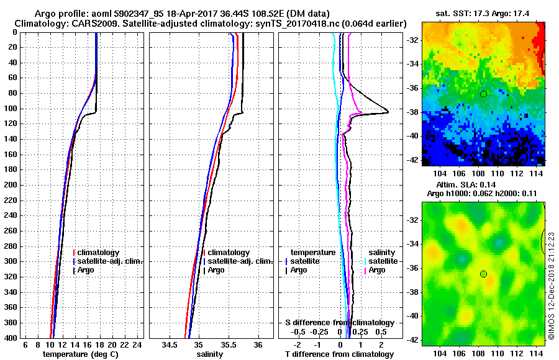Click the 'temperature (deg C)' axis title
(x=80, y=354)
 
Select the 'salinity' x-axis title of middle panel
(x=209, y=354)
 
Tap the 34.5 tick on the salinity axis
(x=171, y=344)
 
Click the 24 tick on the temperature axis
(x=138, y=344)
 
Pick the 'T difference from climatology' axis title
(x=340, y=354)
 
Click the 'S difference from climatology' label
(x=339, y=323)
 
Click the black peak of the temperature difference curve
(x=388, y=112)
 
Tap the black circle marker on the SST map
(x=483, y=94)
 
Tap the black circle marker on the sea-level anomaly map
(x=483, y=274)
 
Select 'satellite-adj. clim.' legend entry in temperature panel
(x=110, y=261)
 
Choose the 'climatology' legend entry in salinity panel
(x=228, y=253)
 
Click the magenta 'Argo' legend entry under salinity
(x=376, y=270)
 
